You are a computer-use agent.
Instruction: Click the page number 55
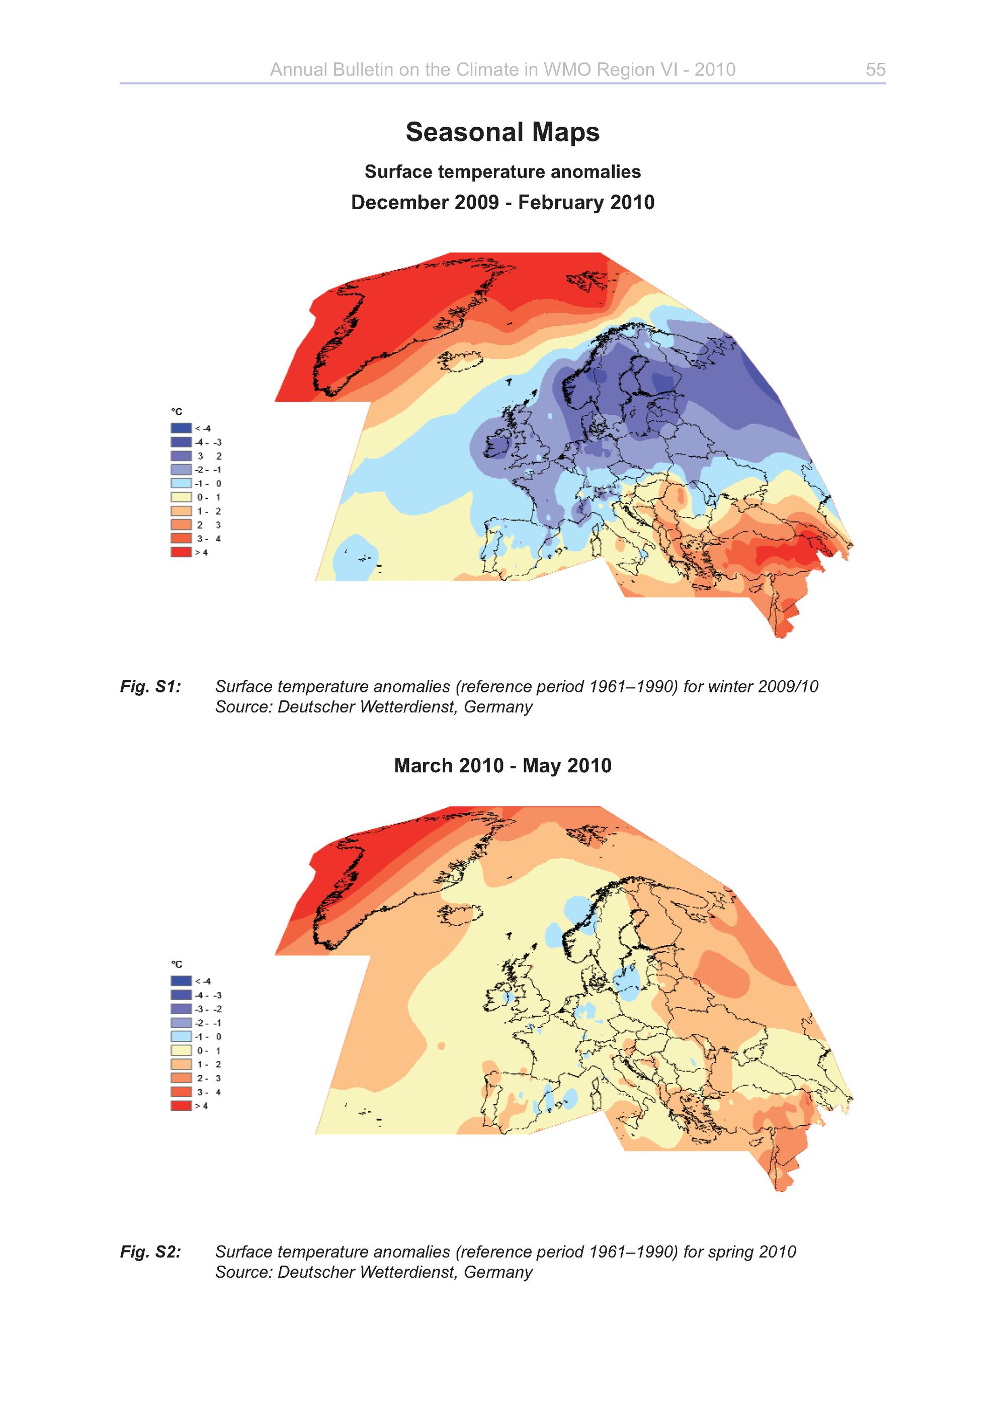(875, 69)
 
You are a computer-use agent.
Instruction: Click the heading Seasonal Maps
(502, 132)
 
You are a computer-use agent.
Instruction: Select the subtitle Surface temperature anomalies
(502, 171)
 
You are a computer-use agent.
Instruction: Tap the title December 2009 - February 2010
(502, 203)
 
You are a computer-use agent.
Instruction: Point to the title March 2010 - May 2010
(502, 766)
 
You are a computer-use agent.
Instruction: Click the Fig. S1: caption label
(150, 686)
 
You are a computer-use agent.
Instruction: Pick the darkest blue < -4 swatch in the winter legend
(181, 428)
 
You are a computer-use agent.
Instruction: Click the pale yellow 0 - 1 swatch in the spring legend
(181, 1050)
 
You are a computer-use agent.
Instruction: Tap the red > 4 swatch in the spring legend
(181, 1106)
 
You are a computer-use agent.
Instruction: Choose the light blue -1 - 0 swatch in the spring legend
(181, 1037)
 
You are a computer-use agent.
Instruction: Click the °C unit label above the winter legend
(177, 412)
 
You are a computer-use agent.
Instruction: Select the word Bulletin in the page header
(362, 69)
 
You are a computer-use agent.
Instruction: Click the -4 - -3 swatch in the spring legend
(181, 995)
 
